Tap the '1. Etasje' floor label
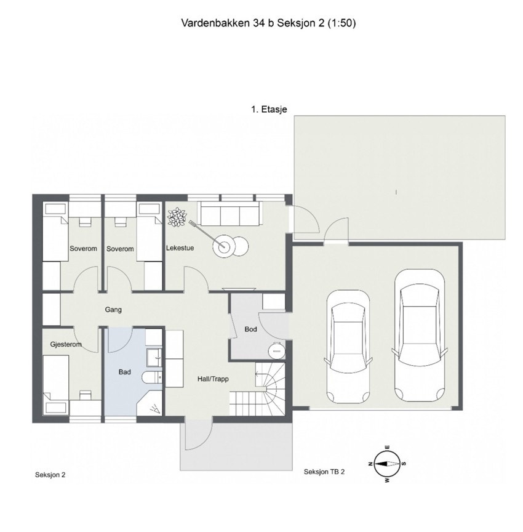tap(269, 109)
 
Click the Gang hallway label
tap(113, 310)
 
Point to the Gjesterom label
tap(65, 344)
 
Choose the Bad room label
tap(125, 372)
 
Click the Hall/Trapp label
tap(213, 379)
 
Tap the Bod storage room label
tap(250, 329)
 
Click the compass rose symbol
tap(386, 463)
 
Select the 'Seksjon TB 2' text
tap(324, 472)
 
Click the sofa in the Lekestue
tap(230, 216)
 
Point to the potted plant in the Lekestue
tap(177, 218)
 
